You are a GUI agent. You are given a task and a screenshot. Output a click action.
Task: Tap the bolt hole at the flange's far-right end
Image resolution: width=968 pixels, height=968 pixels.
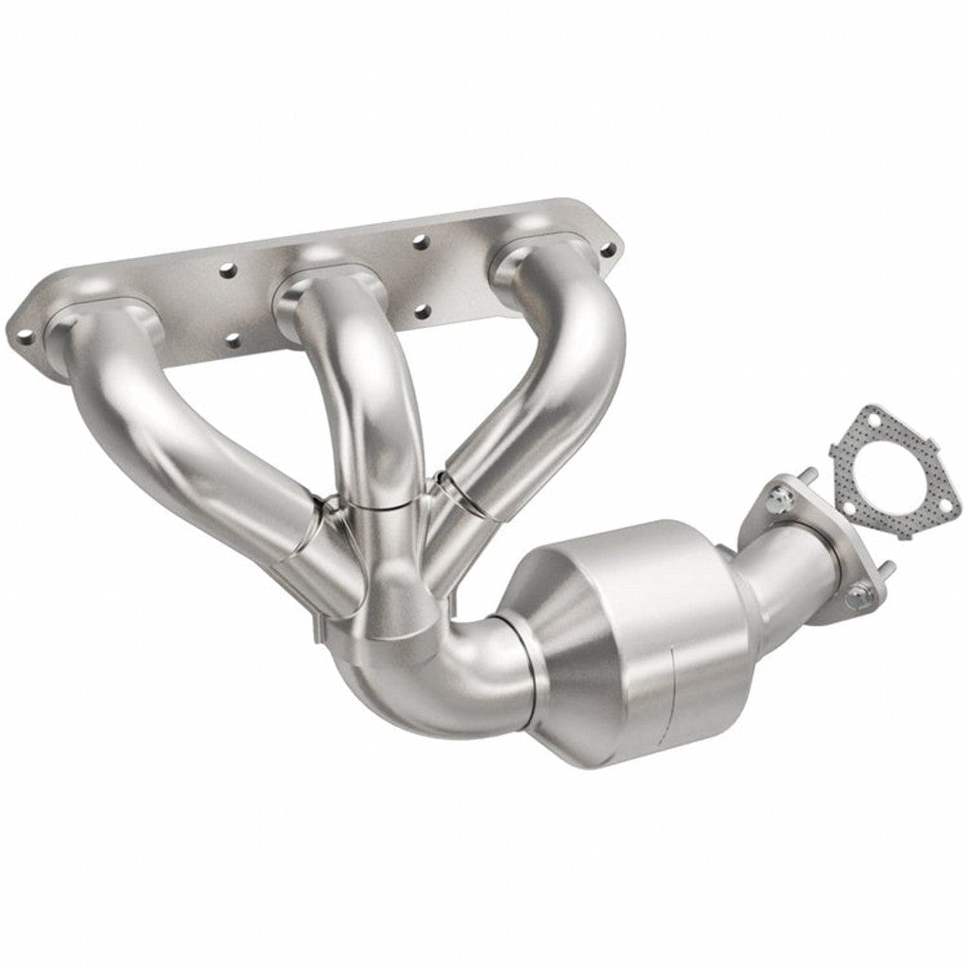tap(609, 249)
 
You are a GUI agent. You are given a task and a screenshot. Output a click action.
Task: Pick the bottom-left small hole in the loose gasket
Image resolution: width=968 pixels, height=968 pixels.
tap(848, 510)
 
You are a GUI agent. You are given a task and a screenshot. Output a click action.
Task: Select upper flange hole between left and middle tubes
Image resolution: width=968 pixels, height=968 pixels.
tap(226, 270)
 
